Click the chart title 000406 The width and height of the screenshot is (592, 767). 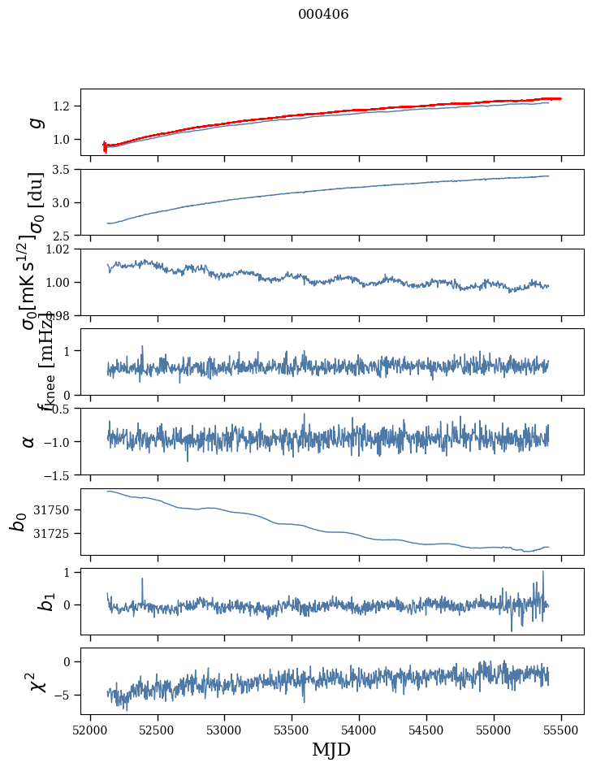(324, 15)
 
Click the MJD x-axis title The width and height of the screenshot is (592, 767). (331, 750)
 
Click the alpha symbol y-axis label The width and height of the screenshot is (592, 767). (28, 441)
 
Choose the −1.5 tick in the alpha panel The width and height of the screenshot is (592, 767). (57, 474)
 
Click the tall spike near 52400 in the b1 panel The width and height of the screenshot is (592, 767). (142, 579)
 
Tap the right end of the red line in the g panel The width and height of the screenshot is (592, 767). (560, 98)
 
